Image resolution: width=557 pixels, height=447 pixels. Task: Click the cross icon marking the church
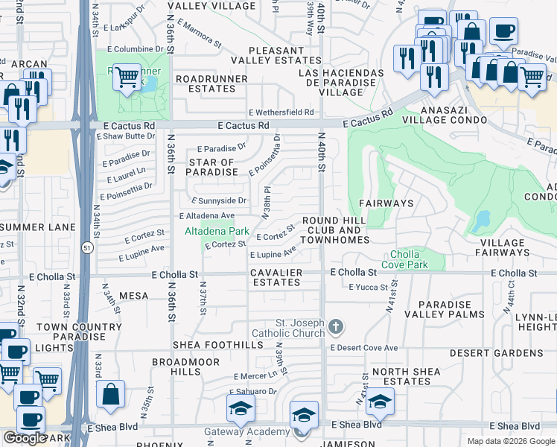tap(336, 326)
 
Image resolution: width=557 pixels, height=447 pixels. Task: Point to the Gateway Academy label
tap(258, 432)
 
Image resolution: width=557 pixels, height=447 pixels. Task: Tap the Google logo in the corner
tap(25, 438)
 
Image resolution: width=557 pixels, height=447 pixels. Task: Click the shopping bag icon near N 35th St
tap(110, 395)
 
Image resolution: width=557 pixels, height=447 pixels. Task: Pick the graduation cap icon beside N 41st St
tap(380, 402)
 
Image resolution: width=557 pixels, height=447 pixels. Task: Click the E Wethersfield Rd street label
tap(281, 112)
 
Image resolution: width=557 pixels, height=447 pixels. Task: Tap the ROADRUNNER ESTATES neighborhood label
tap(206, 83)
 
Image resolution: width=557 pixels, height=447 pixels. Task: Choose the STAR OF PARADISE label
tap(211, 167)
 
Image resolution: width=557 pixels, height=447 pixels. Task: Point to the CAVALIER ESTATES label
tap(276, 278)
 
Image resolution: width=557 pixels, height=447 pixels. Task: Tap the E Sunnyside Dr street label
tap(219, 200)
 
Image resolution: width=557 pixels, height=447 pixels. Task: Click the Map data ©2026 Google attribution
tap(511, 441)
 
